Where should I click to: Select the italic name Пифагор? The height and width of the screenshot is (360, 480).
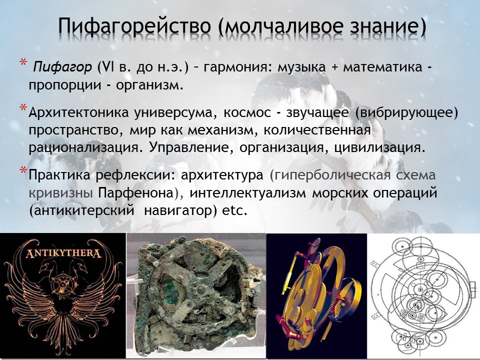point(62,66)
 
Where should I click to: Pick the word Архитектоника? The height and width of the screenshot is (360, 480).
point(78,112)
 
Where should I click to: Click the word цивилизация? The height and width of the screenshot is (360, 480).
point(379,148)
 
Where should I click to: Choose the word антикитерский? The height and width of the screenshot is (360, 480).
point(84,211)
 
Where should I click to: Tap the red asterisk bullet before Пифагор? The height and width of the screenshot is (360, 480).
point(23,62)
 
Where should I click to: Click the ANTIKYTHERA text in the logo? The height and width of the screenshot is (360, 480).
point(63,254)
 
